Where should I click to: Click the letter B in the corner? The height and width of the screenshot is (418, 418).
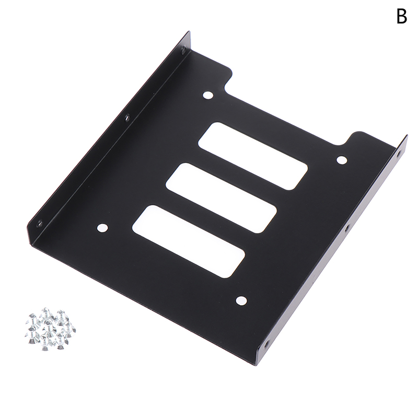click(402, 16)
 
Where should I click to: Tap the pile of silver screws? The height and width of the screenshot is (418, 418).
click(50, 329)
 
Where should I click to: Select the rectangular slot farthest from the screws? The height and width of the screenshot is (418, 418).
click(253, 156)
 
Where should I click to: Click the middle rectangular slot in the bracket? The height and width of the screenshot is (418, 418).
click(221, 198)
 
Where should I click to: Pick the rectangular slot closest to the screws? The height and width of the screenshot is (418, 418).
click(189, 241)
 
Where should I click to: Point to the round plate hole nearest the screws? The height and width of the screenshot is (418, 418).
click(102, 228)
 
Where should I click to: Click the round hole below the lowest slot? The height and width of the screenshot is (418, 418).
click(241, 300)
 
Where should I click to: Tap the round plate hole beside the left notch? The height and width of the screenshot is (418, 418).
click(208, 95)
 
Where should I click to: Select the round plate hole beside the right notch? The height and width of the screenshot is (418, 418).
click(342, 160)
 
